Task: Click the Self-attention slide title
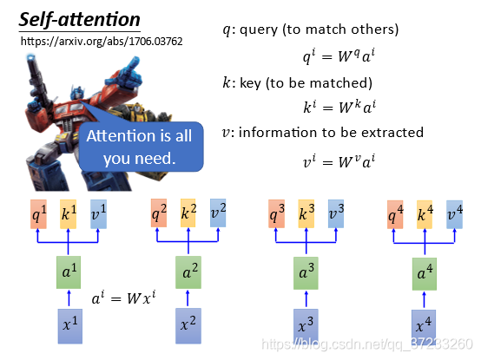pyautogui.click(x=80, y=20)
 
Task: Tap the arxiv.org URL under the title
pyautogui.click(x=102, y=42)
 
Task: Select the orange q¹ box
pyautogui.click(x=39, y=214)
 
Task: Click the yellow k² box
pyautogui.click(x=188, y=213)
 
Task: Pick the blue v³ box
pyautogui.click(x=336, y=214)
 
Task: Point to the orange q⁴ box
pyautogui.click(x=395, y=214)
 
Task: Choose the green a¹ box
pyautogui.click(x=69, y=272)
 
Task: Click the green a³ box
pyautogui.click(x=306, y=273)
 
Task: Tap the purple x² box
pyautogui.click(x=188, y=325)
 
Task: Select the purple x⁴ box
pyautogui.click(x=424, y=327)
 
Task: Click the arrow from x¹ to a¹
pyautogui.click(x=69, y=298)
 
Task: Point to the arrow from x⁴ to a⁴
pyautogui.click(x=425, y=299)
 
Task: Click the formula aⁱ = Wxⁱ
pyautogui.click(x=123, y=298)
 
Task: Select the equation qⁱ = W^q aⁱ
pyautogui.click(x=339, y=56)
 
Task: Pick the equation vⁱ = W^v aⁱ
pyautogui.click(x=339, y=161)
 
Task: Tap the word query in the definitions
pyautogui.click(x=259, y=30)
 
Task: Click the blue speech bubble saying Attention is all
pyautogui.click(x=142, y=147)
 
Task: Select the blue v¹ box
pyautogui.click(x=98, y=214)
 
